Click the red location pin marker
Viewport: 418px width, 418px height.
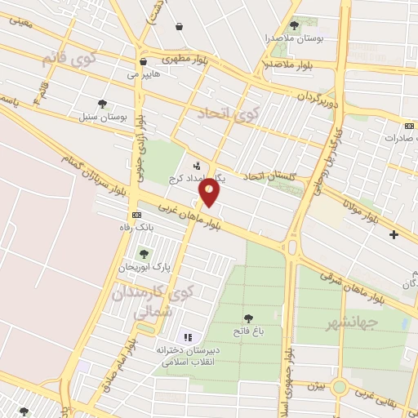click(x=211, y=192)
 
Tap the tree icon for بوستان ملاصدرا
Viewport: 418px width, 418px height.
click(x=294, y=25)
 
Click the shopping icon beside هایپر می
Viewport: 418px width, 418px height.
click(x=143, y=60)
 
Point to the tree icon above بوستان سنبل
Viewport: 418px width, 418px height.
click(x=102, y=104)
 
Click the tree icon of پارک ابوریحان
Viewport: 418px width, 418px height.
click(x=145, y=254)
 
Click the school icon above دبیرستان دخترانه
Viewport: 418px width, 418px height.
click(x=186, y=337)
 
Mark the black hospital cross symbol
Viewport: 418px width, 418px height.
click(x=394, y=235)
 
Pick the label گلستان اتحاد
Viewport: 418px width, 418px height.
click(x=273, y=176)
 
